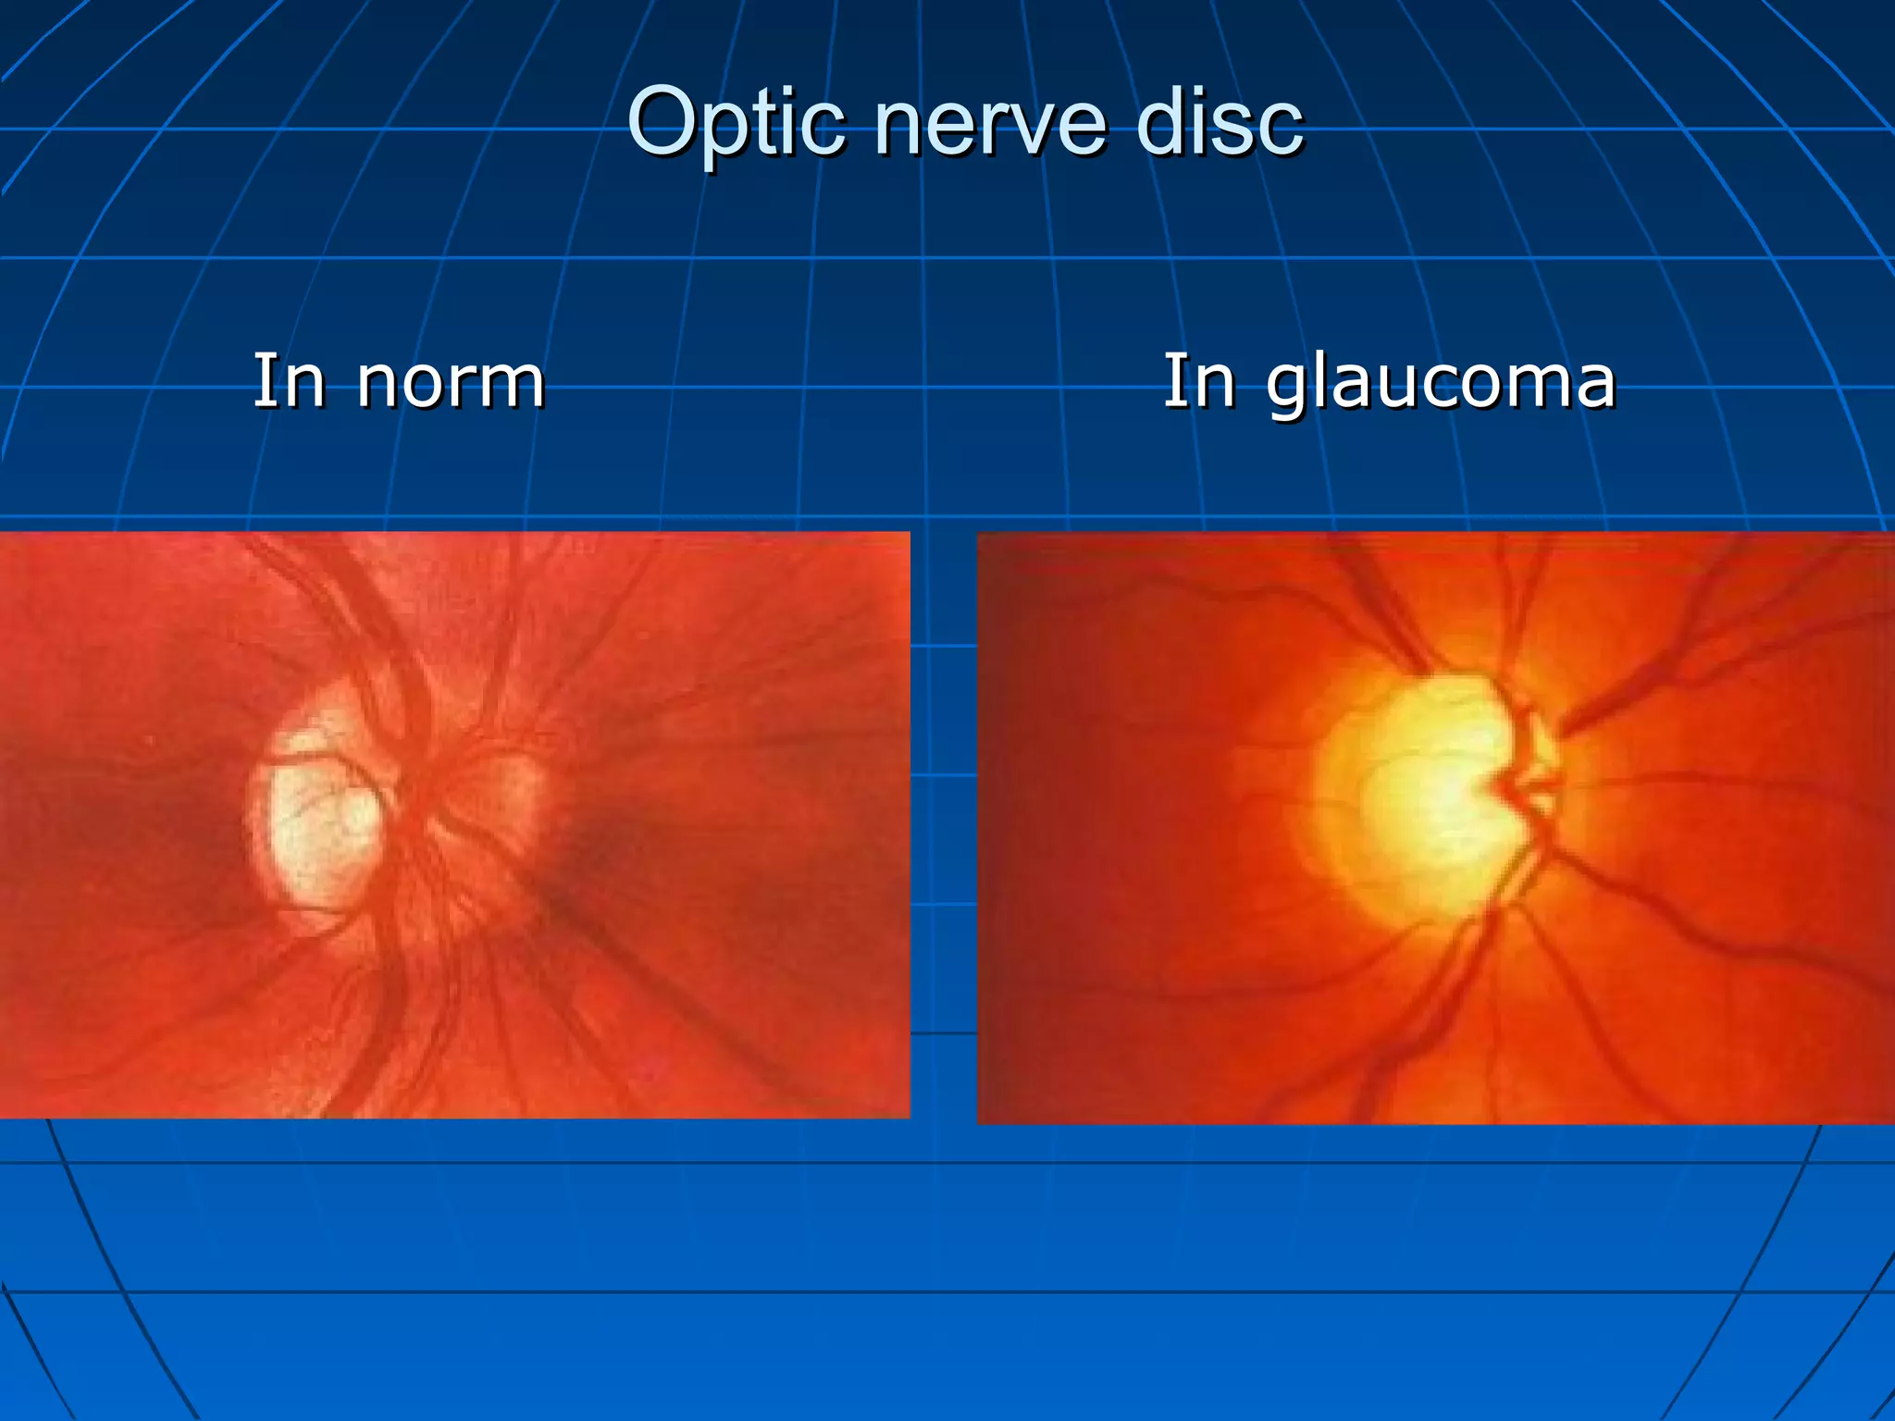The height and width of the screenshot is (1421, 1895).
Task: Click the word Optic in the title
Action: pos(736,124)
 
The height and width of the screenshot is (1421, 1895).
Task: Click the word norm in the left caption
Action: pos(451,381)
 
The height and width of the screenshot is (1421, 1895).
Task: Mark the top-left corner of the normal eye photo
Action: pos(2,534)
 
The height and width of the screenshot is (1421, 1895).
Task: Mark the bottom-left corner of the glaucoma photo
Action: pos(979,1122)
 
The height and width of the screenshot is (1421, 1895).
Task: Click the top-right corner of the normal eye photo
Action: pos(909,534)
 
